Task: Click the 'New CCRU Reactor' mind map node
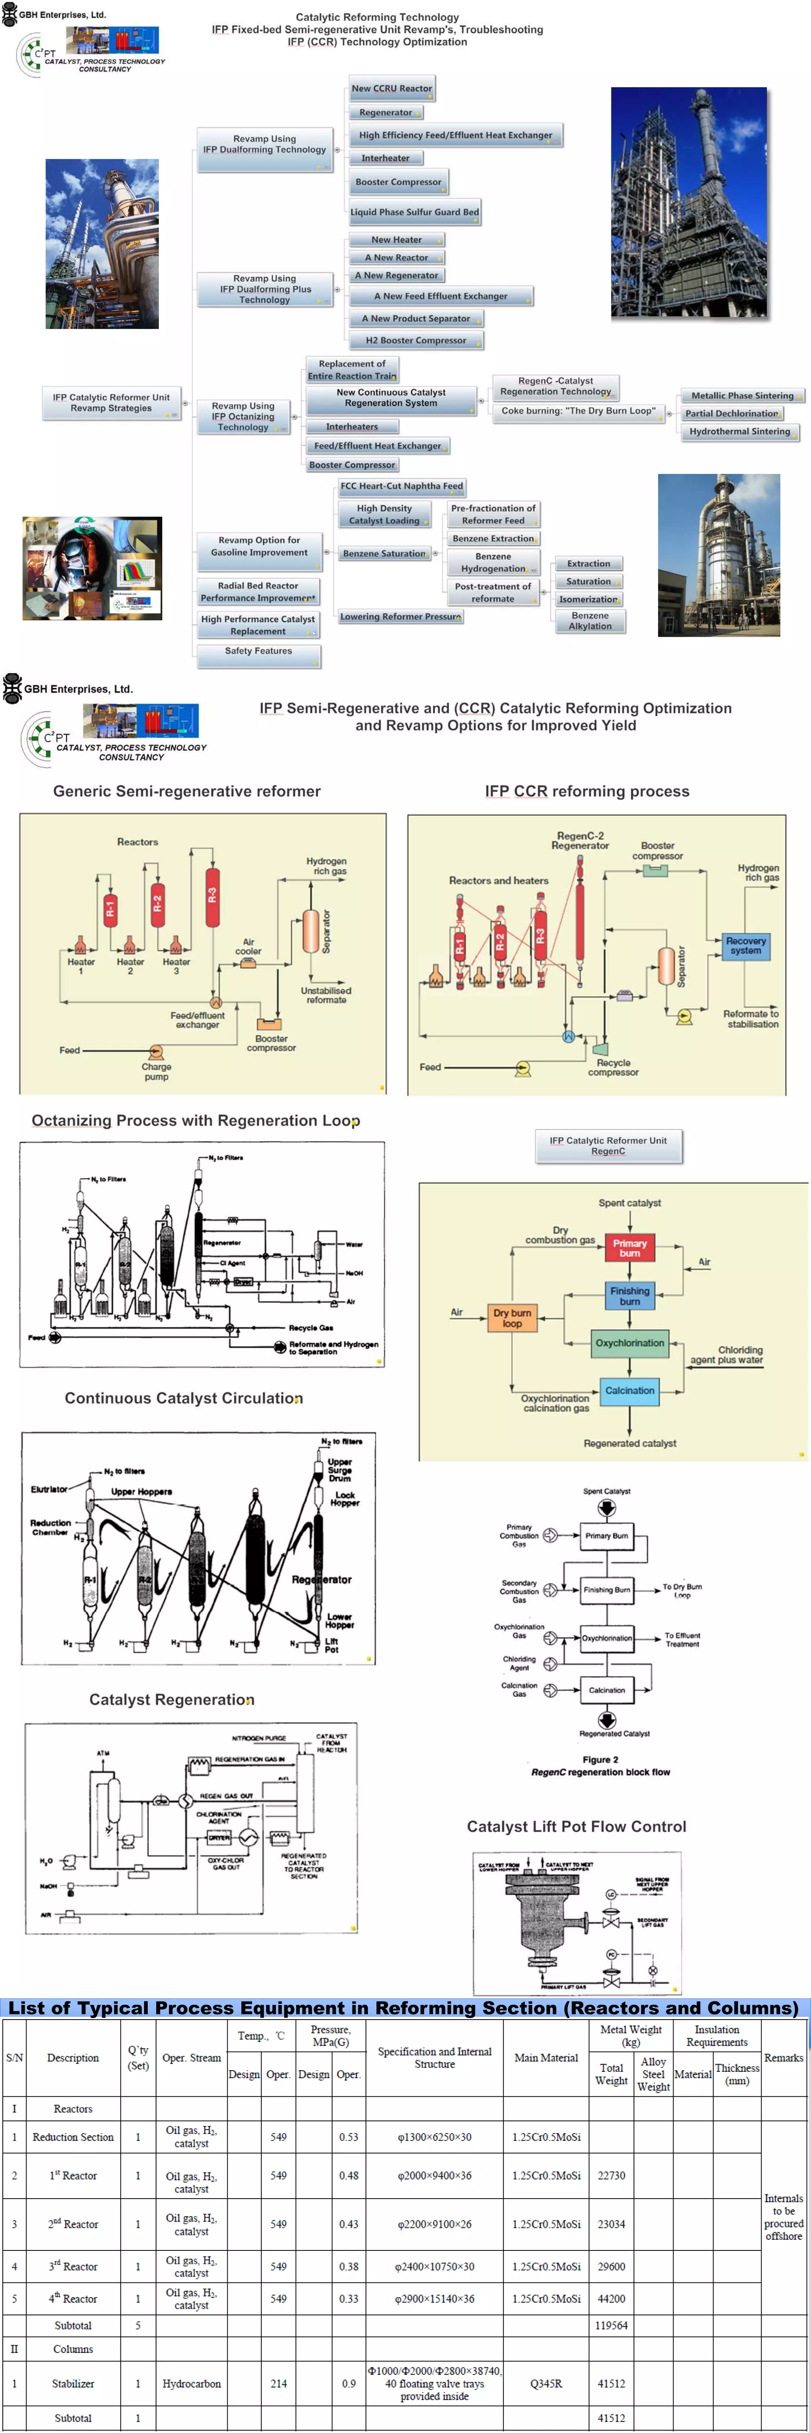point(391,89)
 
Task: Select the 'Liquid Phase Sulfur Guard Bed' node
point(415,213)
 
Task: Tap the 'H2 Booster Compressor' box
point(415,341)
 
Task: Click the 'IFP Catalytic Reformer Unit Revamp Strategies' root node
point(111,403)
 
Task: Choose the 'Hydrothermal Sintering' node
point(739,432)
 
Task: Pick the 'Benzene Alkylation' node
point(590,621)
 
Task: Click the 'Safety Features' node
point(258,652)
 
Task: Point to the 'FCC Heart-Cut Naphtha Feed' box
point(401,486)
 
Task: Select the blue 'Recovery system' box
point(745,945)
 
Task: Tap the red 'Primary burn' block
point(630,1248)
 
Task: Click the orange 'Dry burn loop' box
point(512,1317)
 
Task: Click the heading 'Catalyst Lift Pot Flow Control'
point(576,1827)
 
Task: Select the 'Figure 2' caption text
point(600,1759)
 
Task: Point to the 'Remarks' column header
point(784,2057)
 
